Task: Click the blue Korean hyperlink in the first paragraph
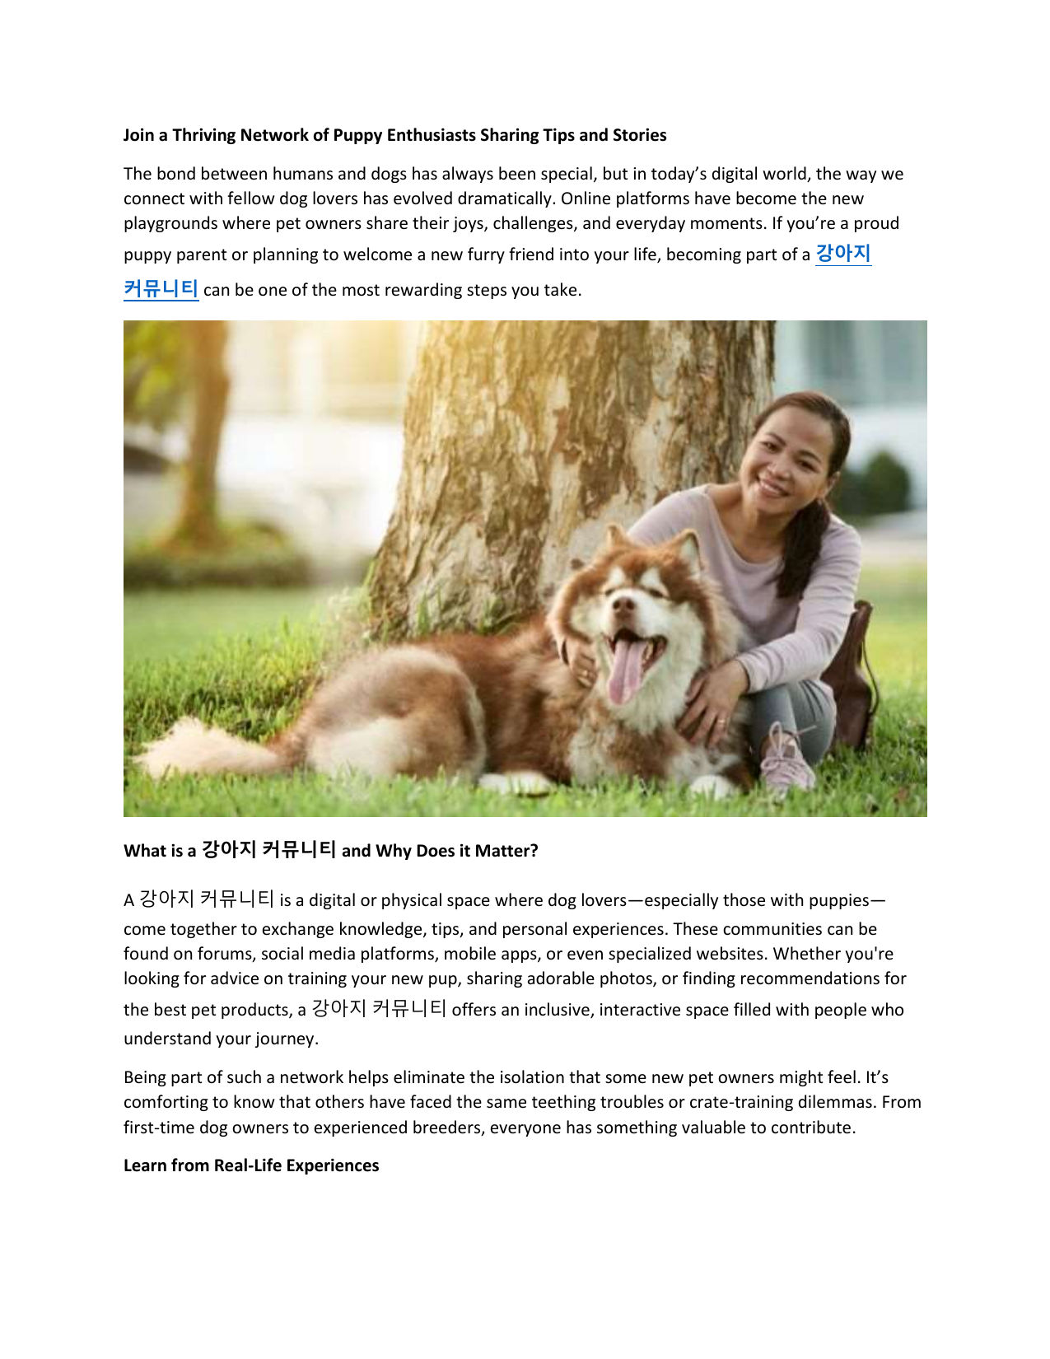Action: [842, 254]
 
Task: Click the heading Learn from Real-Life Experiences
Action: [251, 1165]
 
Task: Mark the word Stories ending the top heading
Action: [639, 135]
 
